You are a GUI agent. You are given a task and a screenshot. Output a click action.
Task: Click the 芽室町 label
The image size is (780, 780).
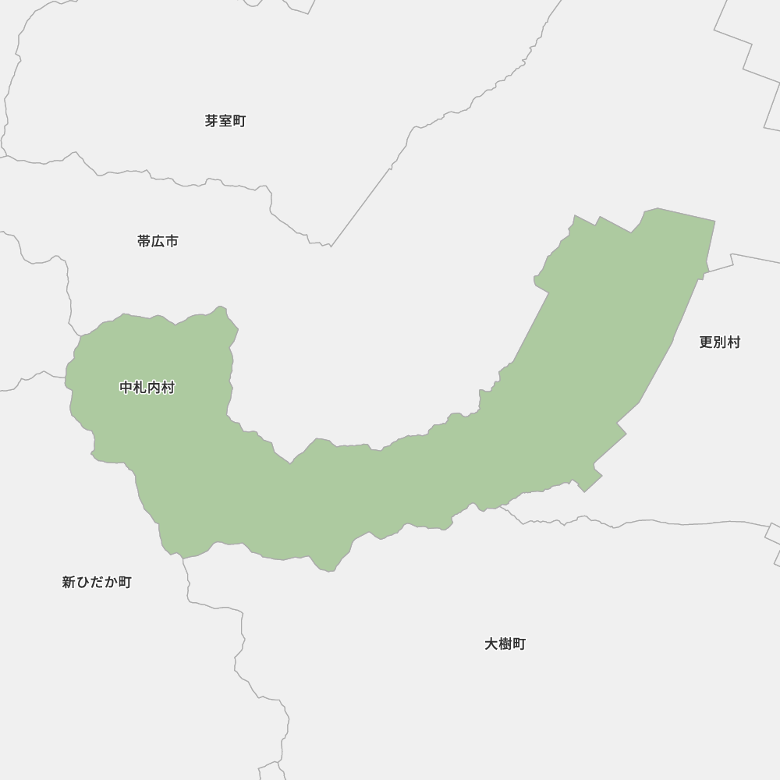click(225, 121)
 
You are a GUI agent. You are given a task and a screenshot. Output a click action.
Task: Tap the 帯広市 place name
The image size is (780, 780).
click(158, 241)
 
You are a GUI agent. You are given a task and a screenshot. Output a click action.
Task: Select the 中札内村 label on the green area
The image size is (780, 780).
click(147, 388)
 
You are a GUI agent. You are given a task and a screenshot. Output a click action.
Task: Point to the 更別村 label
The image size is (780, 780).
click(719, 342)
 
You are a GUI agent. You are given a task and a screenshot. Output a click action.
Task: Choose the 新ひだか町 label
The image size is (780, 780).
click(97, 582)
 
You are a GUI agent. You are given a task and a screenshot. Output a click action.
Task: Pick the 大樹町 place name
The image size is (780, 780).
click(505, 643)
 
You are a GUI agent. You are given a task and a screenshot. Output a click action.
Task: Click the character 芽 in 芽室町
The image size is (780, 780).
click(211, 121)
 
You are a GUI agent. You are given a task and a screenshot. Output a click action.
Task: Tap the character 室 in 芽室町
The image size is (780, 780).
click(225, 121)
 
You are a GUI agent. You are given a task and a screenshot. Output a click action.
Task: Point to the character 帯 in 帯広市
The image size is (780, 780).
click(144, 241)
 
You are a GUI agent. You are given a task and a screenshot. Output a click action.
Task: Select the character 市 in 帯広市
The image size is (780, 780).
click(172, 241)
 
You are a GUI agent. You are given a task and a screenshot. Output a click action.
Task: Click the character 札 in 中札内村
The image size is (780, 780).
click(140, 388)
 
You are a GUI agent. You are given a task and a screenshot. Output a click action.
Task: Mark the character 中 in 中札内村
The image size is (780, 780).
click(126, 388)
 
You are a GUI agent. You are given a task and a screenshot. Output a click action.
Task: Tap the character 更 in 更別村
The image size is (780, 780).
click(705, 342)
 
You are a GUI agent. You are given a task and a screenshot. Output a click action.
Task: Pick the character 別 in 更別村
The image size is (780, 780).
click(719, 342)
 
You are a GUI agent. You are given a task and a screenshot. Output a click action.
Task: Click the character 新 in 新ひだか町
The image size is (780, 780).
click(69, 582)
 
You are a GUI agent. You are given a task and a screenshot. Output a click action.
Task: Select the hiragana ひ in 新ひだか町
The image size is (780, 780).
click(83, 582)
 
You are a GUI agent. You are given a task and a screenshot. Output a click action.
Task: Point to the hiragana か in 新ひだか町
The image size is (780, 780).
click(111, 582)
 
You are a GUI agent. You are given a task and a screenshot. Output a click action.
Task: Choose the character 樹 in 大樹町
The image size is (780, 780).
click(505, 643)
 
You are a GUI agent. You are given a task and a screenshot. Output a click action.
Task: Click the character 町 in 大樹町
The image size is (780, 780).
click(519, 643)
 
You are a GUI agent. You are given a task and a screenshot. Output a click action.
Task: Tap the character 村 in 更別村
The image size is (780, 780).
click(733, 342)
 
